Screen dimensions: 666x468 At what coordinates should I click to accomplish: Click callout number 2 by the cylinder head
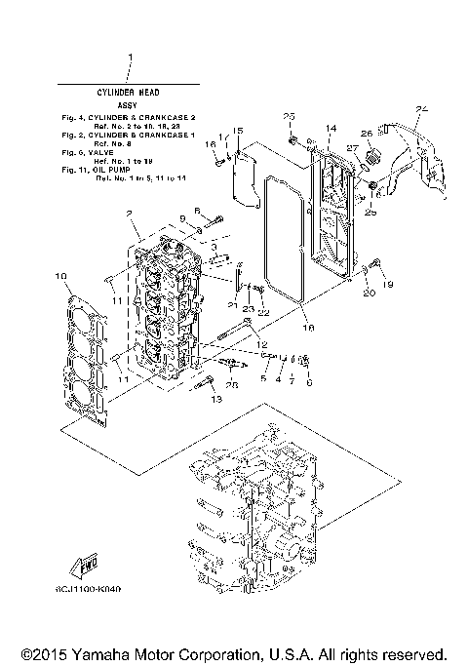click(129, 214)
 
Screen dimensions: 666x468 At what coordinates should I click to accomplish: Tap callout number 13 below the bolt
click(216, 400)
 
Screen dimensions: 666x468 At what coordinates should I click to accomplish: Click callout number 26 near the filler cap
click(367, 134)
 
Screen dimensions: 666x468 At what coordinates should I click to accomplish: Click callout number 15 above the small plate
click(237, 130)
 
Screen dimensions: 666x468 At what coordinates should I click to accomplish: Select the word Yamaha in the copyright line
click(93, 653)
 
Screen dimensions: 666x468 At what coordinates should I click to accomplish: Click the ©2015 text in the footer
click(39, 653)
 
